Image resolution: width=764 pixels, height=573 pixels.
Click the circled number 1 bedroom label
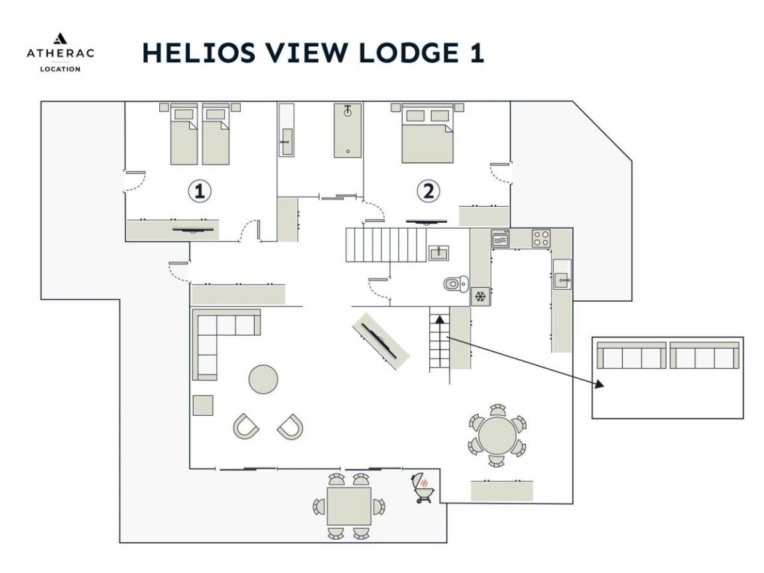pos(200,192)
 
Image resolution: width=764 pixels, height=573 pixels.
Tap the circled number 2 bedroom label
pos(428,192)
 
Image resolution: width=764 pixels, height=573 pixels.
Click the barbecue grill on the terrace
pos(423,487)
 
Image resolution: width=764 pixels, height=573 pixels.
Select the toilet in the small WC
pos(454,285)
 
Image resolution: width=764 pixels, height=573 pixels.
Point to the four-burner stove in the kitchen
pos(541,238)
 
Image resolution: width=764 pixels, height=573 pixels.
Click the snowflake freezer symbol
pos(480,296)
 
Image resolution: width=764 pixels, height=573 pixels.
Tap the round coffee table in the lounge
pos(263,379)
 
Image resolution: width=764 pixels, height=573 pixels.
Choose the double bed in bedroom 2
pos(428,135)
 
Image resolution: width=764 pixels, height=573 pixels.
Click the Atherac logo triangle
pos(60,38)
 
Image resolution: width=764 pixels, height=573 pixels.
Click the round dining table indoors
pos(497,435)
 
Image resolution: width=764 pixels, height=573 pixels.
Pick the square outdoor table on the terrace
pos(349,507)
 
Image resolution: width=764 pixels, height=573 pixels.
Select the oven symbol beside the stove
pos(500,238)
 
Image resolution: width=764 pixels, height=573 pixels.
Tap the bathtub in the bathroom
pos(348,130)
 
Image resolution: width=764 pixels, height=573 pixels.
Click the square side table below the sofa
pos(204,405)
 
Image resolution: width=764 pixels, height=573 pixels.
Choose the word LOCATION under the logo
pos(60,68)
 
